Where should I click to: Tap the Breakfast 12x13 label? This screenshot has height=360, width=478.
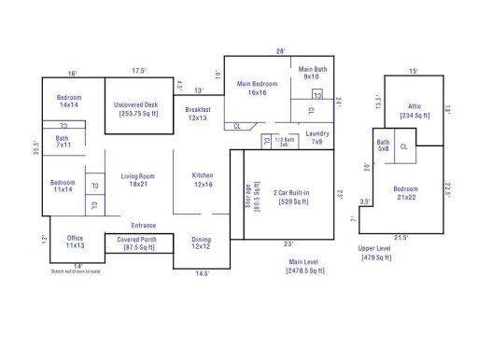(197, 114)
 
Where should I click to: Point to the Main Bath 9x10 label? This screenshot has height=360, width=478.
(311, 73)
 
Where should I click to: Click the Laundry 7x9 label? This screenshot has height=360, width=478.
(316, 138)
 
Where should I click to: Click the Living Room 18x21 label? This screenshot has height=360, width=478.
(138, 180)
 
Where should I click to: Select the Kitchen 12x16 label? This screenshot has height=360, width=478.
(204, 180)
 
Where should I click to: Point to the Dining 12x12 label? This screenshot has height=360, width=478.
(201, 243)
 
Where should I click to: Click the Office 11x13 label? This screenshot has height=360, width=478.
(75, 242)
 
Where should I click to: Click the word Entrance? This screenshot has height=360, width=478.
(144, 225)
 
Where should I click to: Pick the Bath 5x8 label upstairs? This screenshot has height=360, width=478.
(383, 145)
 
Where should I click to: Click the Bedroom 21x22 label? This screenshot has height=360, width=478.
(406, 191)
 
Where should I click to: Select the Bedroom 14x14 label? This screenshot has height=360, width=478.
(69, 101)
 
